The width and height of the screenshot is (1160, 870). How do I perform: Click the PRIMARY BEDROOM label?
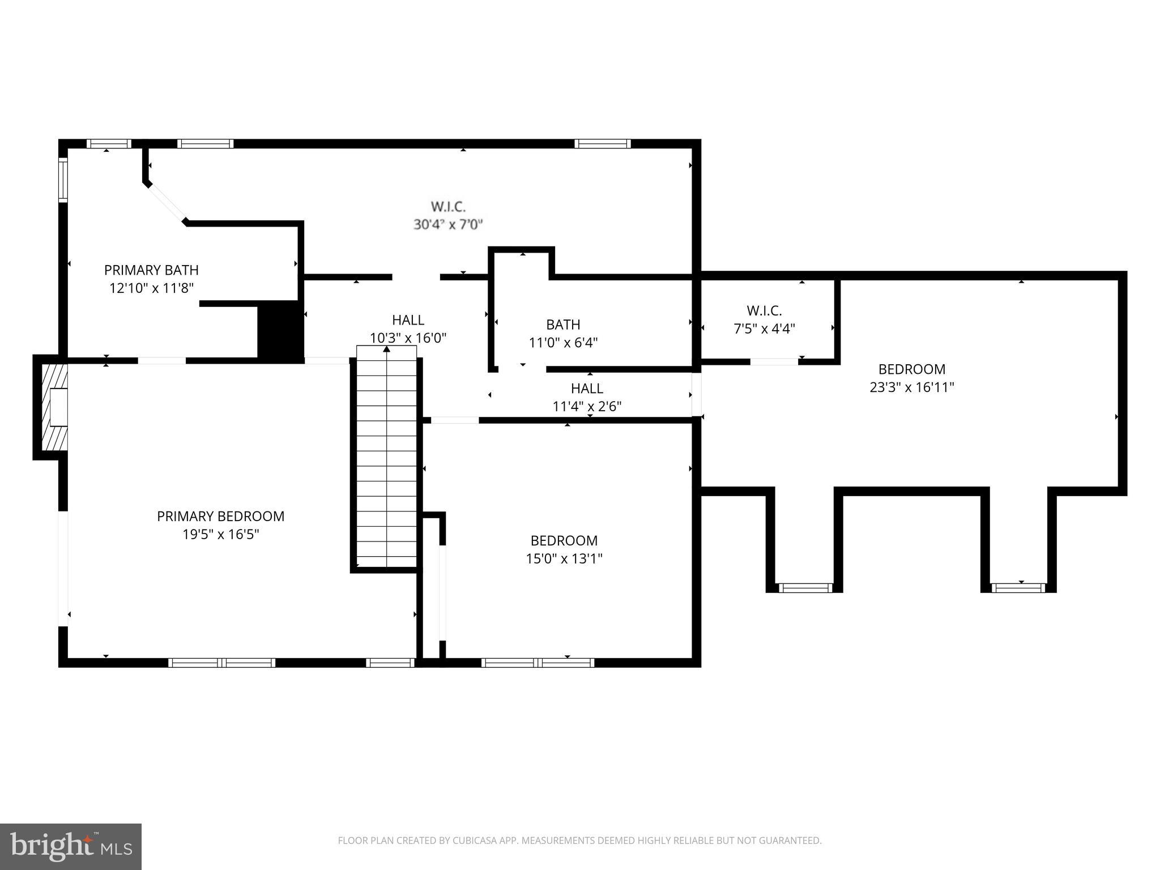220,516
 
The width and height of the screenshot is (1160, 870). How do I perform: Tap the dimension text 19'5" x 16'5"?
220,534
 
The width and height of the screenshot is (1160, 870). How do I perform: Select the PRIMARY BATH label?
151,270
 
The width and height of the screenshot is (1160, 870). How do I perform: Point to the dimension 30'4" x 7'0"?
447,224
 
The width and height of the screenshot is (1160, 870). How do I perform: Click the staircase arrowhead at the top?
387,349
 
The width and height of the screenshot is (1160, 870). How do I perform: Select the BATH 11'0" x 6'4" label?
563,333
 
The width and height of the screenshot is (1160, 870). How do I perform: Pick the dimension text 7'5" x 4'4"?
764,329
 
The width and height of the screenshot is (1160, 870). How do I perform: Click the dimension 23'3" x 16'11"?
911,387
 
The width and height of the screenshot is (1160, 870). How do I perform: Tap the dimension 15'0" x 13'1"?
564,558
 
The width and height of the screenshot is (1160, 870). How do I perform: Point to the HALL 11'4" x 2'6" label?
587,397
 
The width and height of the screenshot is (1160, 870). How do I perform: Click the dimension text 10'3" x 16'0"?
408,338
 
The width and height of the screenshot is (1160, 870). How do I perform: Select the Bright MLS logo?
71,846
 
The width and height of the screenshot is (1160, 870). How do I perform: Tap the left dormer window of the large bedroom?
805,588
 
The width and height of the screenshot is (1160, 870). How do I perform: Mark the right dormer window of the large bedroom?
1018,588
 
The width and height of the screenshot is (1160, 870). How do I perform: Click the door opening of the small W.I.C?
774,361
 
